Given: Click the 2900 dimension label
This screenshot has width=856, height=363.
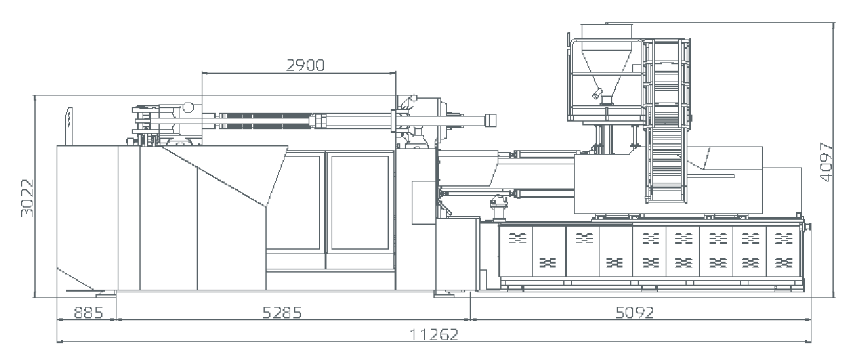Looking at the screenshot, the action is (x=305, y=66).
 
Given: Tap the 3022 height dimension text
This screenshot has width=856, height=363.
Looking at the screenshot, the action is (x=27, y=198).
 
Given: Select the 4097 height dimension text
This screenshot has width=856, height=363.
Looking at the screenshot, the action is (x=826, y=162).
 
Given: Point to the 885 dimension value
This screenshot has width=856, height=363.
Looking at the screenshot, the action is (x=88, y=313).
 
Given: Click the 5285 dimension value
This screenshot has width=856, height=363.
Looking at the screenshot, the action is (x=282, y=313).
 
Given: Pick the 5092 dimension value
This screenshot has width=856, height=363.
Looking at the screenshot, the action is (x=635, y=313).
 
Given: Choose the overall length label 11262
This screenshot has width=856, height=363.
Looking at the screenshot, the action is (x=434, y=335).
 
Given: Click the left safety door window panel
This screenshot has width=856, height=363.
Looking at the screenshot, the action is (x=293, y=203).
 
